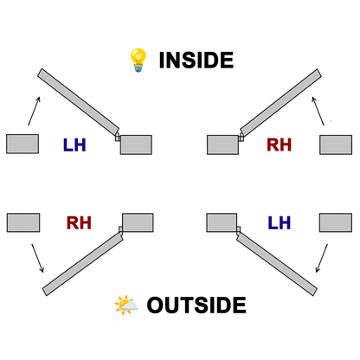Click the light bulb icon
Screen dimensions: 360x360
[138, 60]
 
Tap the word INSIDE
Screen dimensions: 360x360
[196, 60]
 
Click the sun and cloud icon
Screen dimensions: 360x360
[126, 305]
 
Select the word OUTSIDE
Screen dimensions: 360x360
[196, 305]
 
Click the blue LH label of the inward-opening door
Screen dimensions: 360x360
[74, 145]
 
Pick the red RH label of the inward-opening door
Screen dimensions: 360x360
[279, 145]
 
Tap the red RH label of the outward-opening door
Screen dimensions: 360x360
[79, 222]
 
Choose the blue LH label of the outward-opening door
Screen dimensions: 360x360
[279, 222]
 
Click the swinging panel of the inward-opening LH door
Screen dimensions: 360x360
[78, 101]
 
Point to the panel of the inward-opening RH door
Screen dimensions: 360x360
[280, 102]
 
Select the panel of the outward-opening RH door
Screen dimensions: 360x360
[83, 264]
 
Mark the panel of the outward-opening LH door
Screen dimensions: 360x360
[277, 264]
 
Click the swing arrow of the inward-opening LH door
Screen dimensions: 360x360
[34, 111]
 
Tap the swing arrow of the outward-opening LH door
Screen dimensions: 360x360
[322, 258]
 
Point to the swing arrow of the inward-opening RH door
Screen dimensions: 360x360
[318, 111]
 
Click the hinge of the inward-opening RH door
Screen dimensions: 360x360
[241, 138]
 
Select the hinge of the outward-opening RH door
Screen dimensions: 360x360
[121, 229]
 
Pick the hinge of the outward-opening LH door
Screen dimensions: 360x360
[239, 229]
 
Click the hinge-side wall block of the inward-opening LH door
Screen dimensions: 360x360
[136, 145]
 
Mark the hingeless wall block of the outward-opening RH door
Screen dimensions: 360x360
[23, 222]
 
